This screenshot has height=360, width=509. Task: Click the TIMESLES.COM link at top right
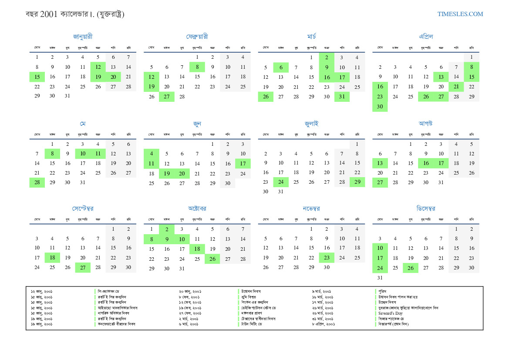(460, 14)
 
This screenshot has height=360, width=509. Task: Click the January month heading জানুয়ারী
(83, 37)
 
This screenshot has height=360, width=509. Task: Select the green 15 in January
(37, 77)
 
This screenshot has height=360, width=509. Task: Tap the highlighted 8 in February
(197, 67)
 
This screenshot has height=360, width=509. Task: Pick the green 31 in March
(342, 97)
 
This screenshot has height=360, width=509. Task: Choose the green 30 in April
(380, 107)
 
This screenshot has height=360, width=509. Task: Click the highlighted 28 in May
(37, 182)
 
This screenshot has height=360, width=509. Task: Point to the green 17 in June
(243, 164)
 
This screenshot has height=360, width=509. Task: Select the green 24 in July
(281, 182)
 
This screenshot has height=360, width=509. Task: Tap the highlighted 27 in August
(380, 182)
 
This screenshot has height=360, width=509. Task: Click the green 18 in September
(52, 257)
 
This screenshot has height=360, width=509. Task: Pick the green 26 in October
(212, 259)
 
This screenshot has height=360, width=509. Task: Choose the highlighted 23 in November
(327, 257)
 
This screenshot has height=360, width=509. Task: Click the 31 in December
(380, 277)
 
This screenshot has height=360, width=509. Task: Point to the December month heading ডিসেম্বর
(425, 209)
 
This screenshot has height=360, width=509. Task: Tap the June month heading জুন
(197, 124)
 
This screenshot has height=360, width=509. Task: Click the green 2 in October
(167, 229)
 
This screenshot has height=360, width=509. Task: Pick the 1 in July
(357, 144)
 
